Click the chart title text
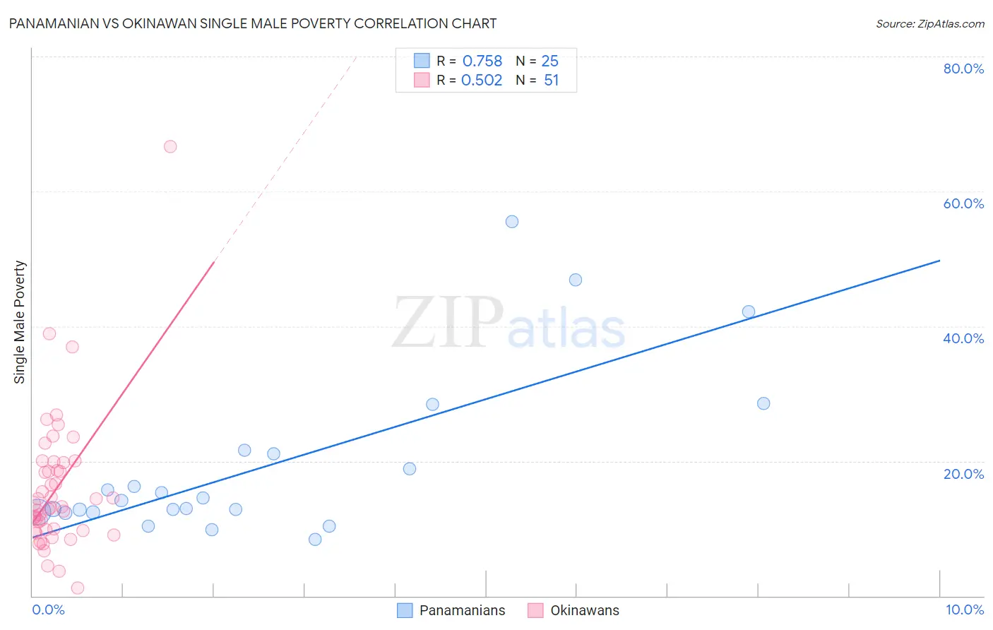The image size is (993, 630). pyautogui.click(x=252, y=23)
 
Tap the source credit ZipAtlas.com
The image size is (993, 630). pyautogui.click(x=929, y=23)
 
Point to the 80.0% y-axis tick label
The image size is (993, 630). pyautogui.click(x=963, y=69)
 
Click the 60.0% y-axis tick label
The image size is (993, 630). pyautogui.click(x=963, y=203)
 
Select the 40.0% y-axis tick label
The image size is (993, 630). pyautogui.click(x=963, y=338)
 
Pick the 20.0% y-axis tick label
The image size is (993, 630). pyautogui.click(x=963, y=474)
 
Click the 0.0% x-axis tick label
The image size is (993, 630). pyautogui.click(x=48, y=610)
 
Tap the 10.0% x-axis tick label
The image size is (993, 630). pyautogui.click(x=964, y=610)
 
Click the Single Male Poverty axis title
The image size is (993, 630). pyautogui.click(x=20, y=322)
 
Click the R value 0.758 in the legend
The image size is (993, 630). pyautogui.click(x=482, y=61)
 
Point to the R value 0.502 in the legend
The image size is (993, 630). pyautogui.click(x=482, y=81)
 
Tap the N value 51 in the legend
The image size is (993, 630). pyautogui.click(x=552, y=81)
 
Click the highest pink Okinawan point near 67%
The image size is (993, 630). pyautogui.click(x=170, y=146)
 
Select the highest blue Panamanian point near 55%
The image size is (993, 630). pyautogui.click(x=512, y=222)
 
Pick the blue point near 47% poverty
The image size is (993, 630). pyautogui.click(x=576, y=280)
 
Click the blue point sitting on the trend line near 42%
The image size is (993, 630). pyautogui.click(x=749, y=311)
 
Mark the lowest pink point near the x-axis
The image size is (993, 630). pyautogui.click(x=78, y=588)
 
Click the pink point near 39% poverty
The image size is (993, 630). pyautogui.click(x=49, y=333)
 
